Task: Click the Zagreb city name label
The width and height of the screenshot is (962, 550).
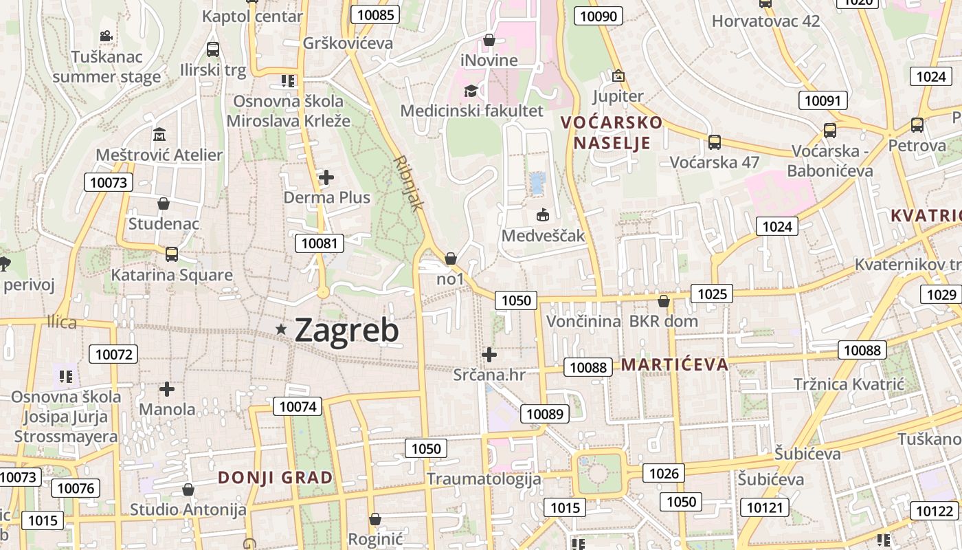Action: pos(346,331)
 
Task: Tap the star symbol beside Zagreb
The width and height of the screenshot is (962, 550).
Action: pos(281,330)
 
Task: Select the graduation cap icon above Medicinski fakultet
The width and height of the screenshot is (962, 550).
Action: pos(471,91)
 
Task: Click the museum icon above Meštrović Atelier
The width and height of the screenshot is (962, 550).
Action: pos(159,134)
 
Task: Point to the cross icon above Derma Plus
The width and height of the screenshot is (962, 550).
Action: pos(326,178)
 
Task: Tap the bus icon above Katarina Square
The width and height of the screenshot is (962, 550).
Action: pos(172,254)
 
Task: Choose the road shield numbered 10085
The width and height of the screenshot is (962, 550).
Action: pos(375,14)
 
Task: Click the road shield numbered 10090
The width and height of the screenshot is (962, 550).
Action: pos(599,16)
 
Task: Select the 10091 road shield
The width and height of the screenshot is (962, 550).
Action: pos(822,100)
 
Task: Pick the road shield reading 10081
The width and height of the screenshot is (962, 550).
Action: pos(320,243)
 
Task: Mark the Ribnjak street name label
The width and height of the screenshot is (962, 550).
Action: pos(410,182)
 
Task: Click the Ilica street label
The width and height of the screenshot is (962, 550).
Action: pos(62,322)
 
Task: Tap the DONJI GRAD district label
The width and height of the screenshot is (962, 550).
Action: pos(275,477)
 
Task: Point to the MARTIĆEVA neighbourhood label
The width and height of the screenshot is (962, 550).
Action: pos(674,364)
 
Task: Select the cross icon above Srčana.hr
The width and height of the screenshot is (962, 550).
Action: pos(489,355)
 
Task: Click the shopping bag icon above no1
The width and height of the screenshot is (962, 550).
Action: pos(451,258)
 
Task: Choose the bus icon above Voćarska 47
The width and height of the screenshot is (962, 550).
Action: pos(715,142)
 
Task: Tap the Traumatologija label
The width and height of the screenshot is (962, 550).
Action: pos(484,478)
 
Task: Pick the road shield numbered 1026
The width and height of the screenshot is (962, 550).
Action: pos(664,473)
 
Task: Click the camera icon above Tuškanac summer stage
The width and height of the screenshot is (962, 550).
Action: pos(106,36)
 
